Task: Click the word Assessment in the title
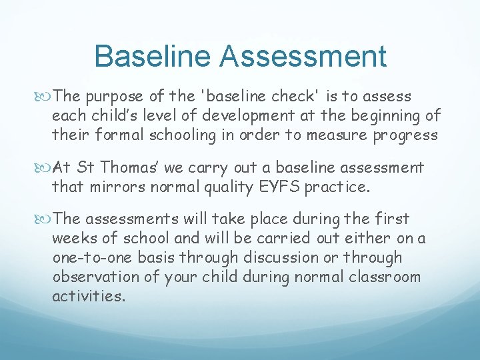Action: pyautogui.click(x=304, y=56)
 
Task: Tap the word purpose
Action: pyautogui.click(x=115, y=97)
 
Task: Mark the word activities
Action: pyautogui.click(x=88, y=296)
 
